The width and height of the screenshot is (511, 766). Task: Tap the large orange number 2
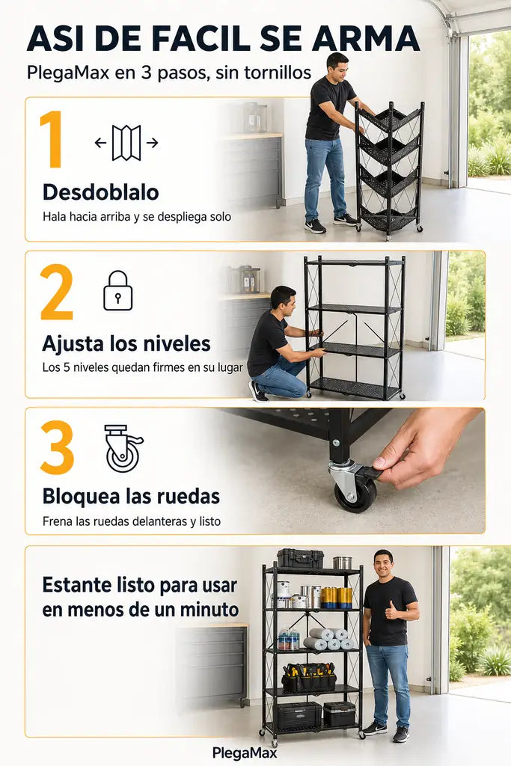point(57,292)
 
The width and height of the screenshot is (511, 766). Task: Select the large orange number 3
point(57,447)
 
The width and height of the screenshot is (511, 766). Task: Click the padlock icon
point(117,291)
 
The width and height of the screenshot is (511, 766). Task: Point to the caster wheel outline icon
point(123,448)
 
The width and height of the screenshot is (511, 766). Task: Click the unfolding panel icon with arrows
point(126,143)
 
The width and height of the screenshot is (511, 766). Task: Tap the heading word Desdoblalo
point(101,192)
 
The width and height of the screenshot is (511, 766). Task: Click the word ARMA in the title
point(366,38)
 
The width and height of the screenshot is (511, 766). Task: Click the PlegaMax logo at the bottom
point(245,753)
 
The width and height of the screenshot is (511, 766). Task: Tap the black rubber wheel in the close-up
point(355,494)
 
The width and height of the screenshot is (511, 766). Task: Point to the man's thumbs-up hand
point(392,610)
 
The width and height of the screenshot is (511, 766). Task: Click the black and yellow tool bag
point(309,676)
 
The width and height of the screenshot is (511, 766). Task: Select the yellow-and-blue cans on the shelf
point(337,597)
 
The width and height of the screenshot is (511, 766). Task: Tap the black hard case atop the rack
point(301,558)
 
